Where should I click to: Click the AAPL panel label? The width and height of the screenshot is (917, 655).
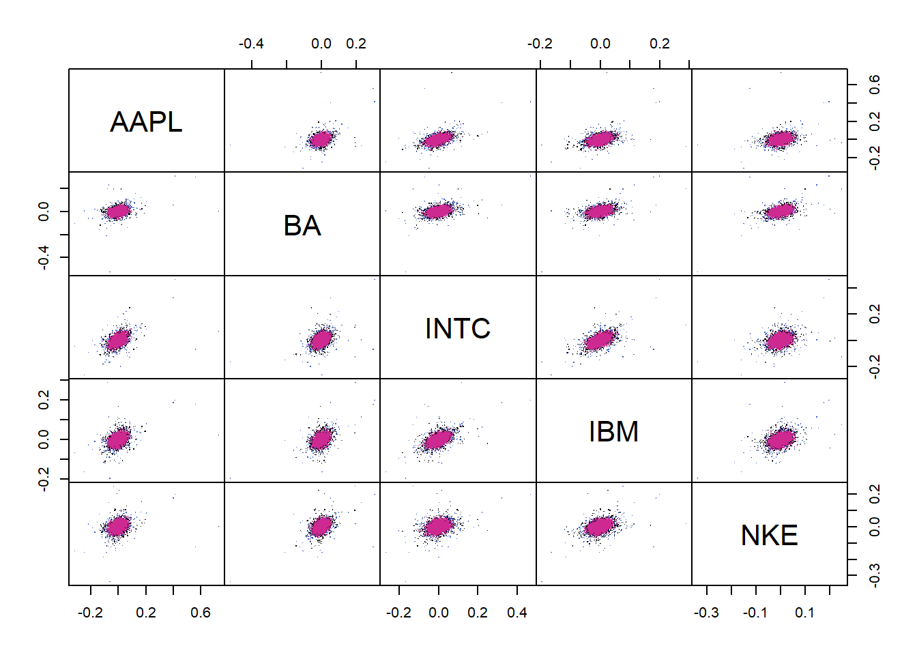click(x=146, y=122)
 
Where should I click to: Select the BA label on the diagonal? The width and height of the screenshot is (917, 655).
click(x=302, y=226)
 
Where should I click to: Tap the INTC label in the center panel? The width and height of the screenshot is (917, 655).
click(x=458, y=329)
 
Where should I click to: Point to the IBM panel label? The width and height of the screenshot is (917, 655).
click(x=613, y=432)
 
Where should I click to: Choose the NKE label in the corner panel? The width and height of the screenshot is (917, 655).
click(x=769, y=536)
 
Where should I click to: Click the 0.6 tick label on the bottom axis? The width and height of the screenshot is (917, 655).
click(x=201, y=613)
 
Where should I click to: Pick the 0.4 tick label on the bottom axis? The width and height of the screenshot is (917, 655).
click(x=517, y=613)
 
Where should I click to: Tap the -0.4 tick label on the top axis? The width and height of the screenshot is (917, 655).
click(x=251, y=44)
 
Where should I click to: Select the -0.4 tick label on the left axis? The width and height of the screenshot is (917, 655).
click(x=44, y=257)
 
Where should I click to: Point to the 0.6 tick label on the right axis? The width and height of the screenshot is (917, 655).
click(x=874, y=85)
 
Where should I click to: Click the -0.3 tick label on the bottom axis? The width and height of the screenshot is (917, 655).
click(x=706, y=613)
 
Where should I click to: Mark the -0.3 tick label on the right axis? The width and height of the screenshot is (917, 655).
click(x=874, y=574)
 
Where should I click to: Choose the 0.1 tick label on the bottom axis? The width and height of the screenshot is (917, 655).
click(x=804, y=613)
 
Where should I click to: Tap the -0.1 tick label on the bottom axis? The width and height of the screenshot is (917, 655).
click(x=755, y=613)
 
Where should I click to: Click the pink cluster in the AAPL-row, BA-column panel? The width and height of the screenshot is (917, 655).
click(x=320, y=139)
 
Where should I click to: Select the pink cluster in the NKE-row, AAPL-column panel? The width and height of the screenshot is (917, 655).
click(x=118, y=526)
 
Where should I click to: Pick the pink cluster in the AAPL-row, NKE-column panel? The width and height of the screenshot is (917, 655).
click(x=780, y=139)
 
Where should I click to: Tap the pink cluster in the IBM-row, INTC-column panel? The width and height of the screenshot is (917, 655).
click(x=438, y=439)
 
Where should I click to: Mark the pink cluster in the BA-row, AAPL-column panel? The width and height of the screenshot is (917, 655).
click(x=118, y=211)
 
